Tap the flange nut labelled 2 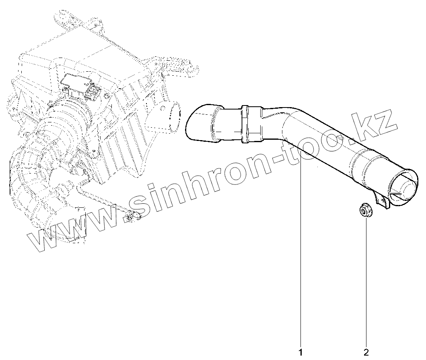click(365, 211)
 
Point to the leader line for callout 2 click(366, 282)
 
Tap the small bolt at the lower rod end click(130, 217)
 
